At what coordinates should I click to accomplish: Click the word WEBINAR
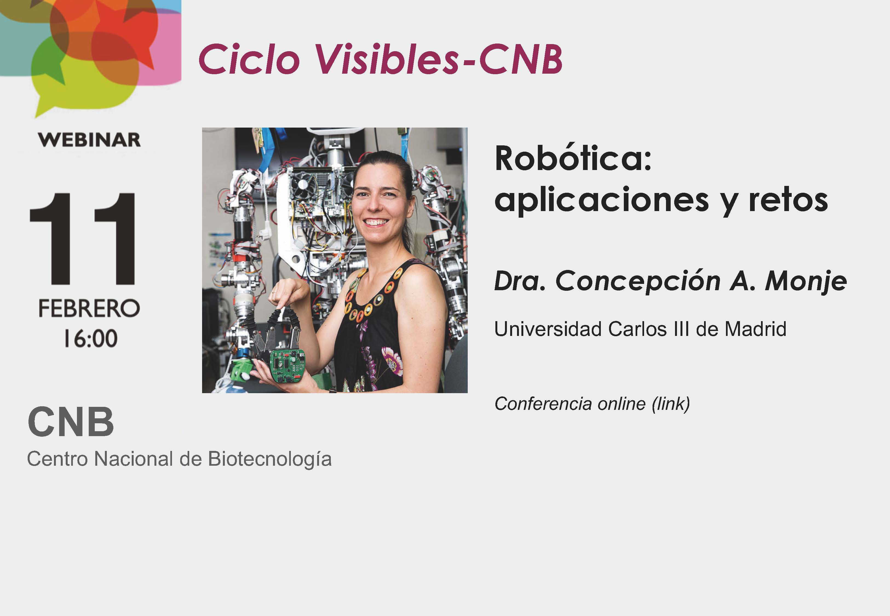coord(89,140)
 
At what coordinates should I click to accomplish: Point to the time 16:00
coord(91,338)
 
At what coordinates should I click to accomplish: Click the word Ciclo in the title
coord(249,59)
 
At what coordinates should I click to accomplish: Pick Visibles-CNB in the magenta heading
coord(439,59)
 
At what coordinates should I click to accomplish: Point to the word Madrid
coord(755,329)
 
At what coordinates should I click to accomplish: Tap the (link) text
coord(671,404)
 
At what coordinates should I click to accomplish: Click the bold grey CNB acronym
coord(71,422)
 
